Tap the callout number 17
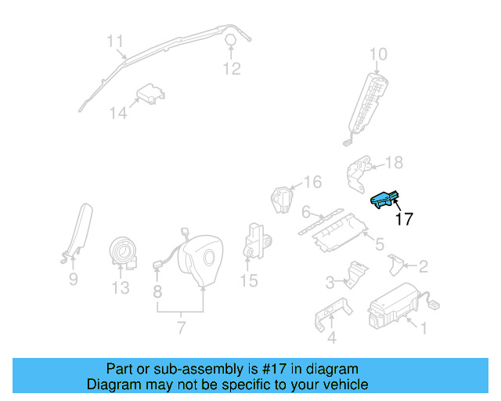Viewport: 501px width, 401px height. pos(404,219)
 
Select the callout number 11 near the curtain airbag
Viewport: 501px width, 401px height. pos(116,40)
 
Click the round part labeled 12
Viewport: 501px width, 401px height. pos(231,41)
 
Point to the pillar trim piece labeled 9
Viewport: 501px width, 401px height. pos(79,230)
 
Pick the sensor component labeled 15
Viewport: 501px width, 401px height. pos(256,240)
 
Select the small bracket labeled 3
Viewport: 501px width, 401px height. pos(356,274)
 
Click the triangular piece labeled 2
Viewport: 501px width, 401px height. pos(396,266)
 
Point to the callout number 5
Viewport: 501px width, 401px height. pos(379,244)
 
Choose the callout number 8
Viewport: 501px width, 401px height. pos(157,293)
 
